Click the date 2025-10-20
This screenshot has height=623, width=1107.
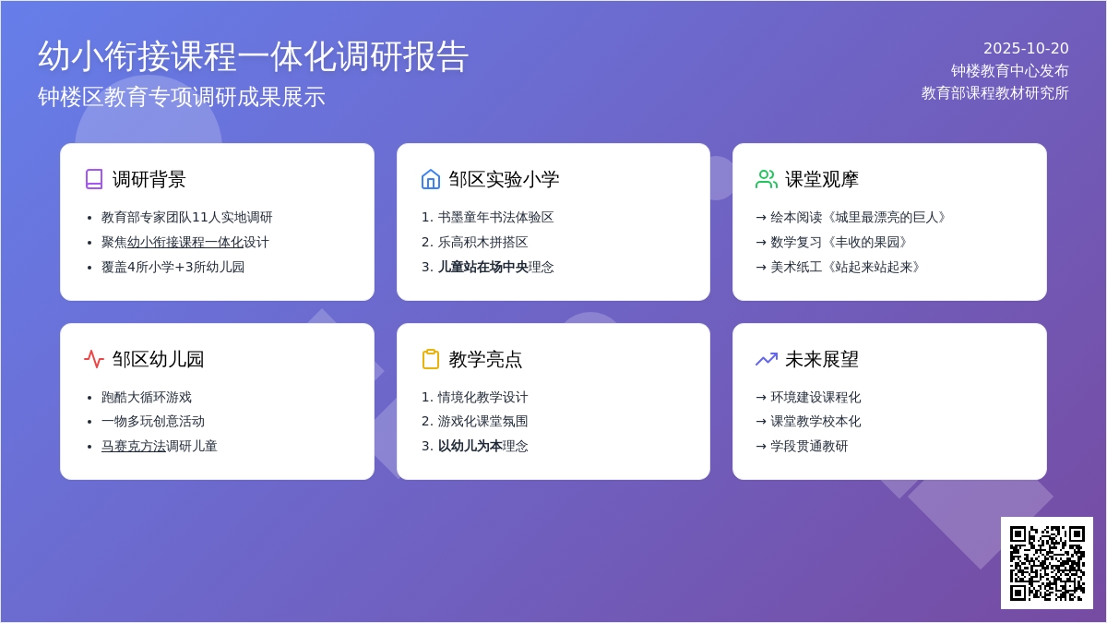(x=1026, y=48)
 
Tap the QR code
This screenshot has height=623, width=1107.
(x=1047, y=563)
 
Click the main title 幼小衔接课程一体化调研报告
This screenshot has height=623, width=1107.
(x=253, y=56)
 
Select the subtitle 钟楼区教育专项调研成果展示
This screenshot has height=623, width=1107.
(x=182, y=96)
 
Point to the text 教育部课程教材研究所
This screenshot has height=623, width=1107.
(x=994, y=93)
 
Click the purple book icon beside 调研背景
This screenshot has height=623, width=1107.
(x=94, y=179)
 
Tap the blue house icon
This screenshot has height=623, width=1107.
(x=431, y=179)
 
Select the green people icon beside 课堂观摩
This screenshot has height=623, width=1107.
(x=767, y=179)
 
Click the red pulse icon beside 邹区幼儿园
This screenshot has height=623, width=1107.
(x=94, y=359)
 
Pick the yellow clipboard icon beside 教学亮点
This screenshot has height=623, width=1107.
(x=431, y=359)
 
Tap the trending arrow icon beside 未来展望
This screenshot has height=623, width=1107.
(x=767, y=359)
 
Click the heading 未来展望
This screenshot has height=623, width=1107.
(x=821, y=359)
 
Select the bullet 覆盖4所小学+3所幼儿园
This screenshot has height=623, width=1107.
(x=173, y=267)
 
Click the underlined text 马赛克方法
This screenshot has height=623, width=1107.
(x=134, y=446)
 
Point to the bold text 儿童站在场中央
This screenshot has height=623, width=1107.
(x=482, y=267)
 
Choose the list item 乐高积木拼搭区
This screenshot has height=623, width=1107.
(x=482, y=242)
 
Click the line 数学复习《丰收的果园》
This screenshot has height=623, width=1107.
(x=839, y=242)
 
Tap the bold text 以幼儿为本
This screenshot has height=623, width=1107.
(x=470, y=446)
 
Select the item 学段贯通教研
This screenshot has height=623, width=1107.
(x=809, y=446)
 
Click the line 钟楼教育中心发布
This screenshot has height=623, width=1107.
(x=1009, y=71)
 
